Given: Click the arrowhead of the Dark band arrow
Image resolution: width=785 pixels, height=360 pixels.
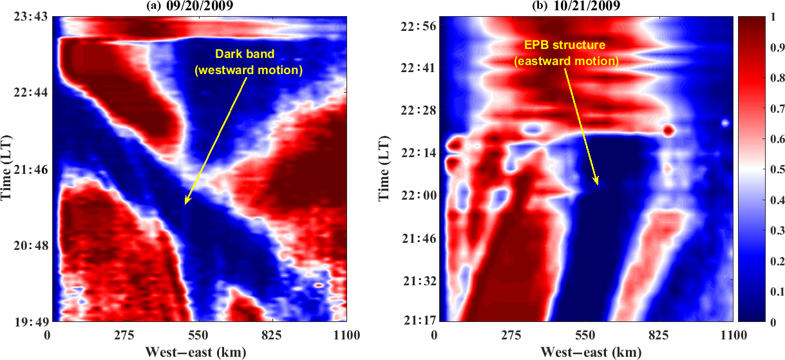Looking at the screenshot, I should click(x=185, y=204).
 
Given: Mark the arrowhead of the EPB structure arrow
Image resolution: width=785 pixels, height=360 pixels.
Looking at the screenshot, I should click(x=598, y=184).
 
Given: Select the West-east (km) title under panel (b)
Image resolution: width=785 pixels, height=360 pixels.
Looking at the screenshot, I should click(x=584, y=352).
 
